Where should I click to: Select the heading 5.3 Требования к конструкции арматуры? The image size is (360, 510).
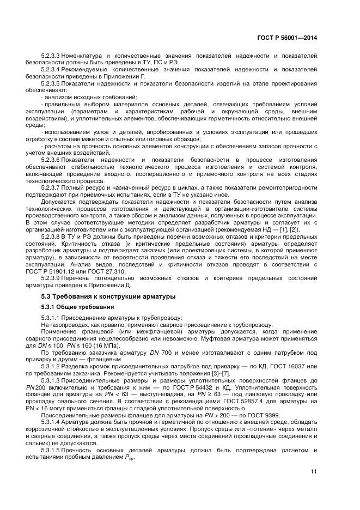108,296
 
